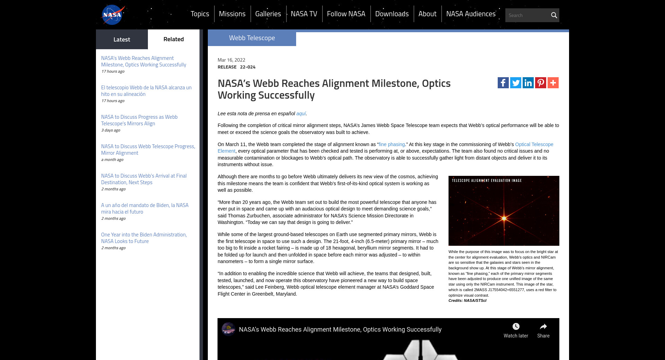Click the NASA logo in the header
point(112,15)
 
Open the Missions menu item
point(232,14)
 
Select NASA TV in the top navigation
point(304,14)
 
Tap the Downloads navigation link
point(392,14)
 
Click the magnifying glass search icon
point(554,15)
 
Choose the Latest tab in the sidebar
point(122,39)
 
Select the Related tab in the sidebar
point(174,39)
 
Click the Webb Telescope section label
point(252,38)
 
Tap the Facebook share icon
point(503,83)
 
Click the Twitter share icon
point(515,83)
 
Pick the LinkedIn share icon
point(528,83)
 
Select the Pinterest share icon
point(540,83)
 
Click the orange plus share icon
point(553,83)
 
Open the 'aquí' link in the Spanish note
point(301,114)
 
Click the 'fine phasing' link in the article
point(391,144)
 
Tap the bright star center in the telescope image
point(504,218)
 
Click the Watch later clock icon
point(516,326)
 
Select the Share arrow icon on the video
point(543,326)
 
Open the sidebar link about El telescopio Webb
point(146,91)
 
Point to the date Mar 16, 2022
point(231,60)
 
